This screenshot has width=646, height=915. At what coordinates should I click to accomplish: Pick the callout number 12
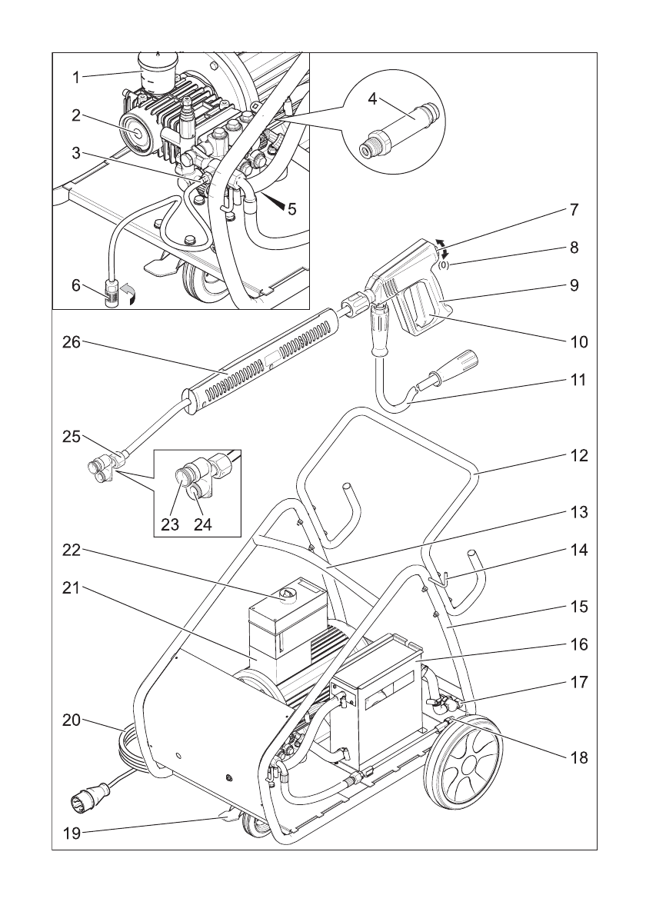point(578,455)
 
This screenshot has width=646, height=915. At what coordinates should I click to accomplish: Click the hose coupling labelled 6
point(112,294)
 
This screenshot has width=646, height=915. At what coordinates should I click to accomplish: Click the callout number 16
point(578,643)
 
